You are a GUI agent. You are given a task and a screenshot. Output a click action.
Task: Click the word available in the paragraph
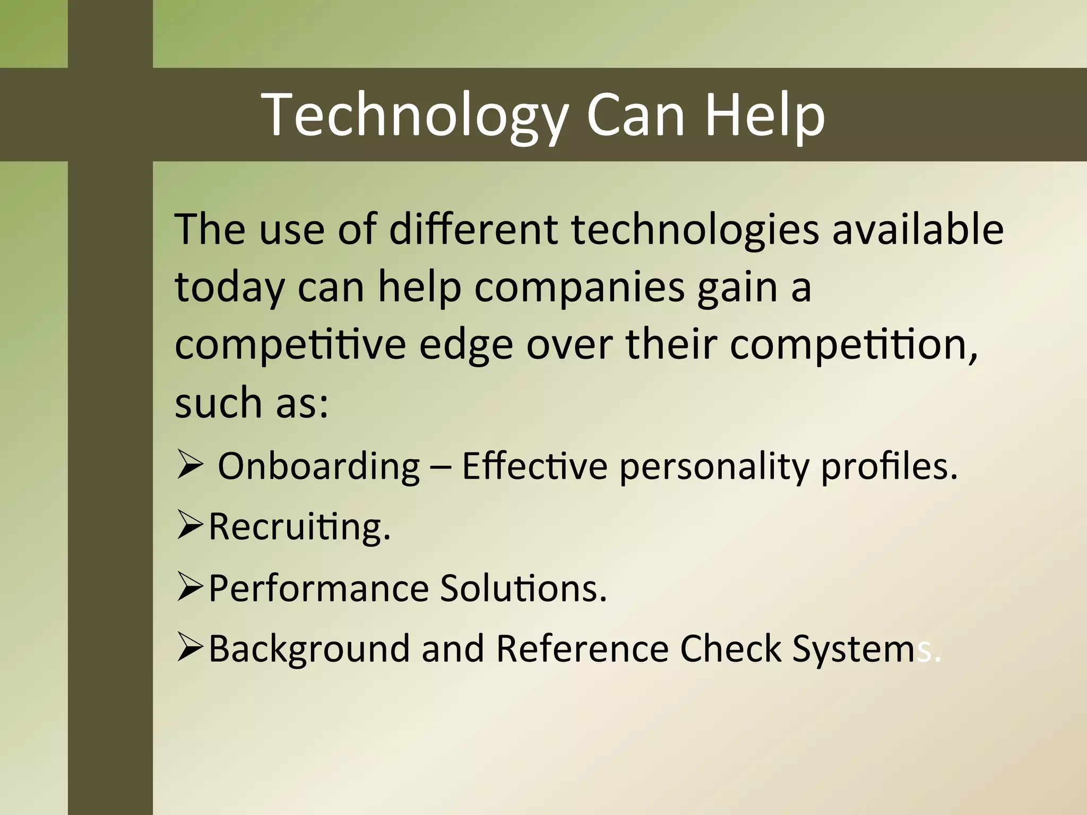[918, 229]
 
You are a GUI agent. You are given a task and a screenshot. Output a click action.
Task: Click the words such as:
[252, 403]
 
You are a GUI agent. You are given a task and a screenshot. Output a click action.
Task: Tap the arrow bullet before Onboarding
[189, 465]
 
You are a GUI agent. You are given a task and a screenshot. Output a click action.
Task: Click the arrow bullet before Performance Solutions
[190, 588]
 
